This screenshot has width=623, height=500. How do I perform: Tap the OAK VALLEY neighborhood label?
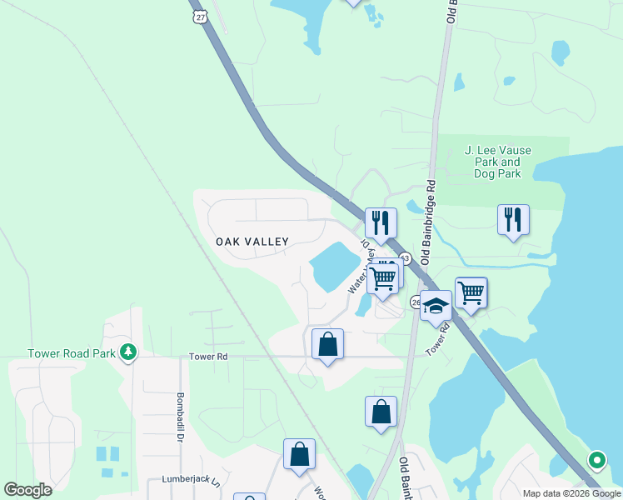click(x=252, y=242)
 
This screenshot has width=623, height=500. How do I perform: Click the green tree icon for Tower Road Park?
click(x=127, y=352)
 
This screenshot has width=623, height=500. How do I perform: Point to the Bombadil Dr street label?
click(x=179, y=417)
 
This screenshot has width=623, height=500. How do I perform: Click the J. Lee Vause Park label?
click(x=498, y=162)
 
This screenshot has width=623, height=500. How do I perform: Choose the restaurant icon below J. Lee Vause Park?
click(x=513, y=221)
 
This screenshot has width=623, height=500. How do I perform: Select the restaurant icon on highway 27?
click(x=381, y=223)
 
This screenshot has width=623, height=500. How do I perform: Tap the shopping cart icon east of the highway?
click(x=471, y=292)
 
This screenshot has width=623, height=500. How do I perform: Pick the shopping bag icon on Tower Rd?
click(x=327, y=344)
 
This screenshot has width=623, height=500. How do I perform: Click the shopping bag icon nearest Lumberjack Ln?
click(x=299, y=454)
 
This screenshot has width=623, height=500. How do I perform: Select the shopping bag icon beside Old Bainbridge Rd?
click(x=381, y=412)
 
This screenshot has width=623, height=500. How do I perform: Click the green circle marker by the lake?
click(x=596, y=459)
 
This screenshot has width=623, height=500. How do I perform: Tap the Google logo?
click(x=27, y=490)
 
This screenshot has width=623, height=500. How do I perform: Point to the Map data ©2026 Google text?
click(x=571, y=492)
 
